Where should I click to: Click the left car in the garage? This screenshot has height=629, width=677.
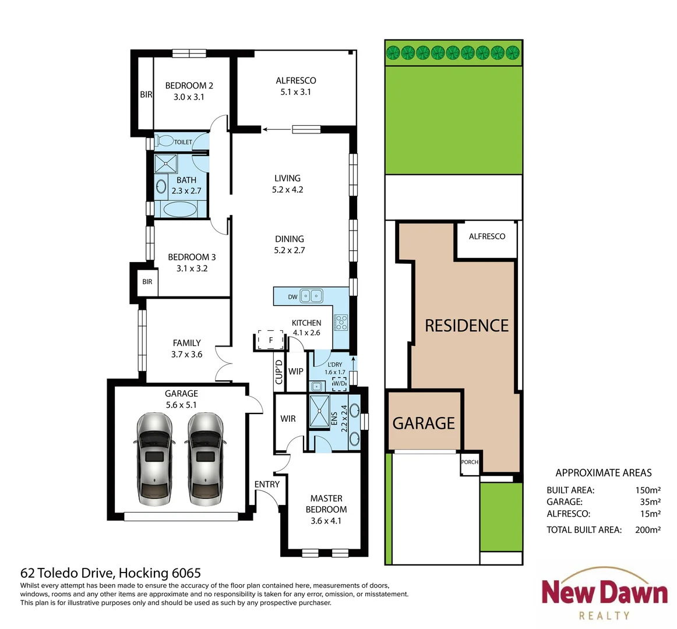154,459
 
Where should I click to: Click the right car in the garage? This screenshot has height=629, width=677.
205,459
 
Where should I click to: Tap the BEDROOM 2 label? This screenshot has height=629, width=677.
189,86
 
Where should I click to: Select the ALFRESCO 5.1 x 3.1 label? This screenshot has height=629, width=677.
296,86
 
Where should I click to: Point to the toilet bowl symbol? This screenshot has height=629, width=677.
165,141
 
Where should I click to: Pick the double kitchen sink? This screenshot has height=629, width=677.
311,296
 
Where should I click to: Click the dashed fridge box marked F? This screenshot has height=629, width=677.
270,340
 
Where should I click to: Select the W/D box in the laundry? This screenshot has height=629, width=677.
338,384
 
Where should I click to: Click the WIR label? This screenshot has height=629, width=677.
288,419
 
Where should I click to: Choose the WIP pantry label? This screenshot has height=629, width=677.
295,372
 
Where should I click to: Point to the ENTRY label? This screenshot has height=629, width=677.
267,484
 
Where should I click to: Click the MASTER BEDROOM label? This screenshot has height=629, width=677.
326,504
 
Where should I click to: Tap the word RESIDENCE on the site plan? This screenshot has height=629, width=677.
467,326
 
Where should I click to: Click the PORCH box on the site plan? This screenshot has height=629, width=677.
470,462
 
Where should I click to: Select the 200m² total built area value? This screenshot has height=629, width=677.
647,529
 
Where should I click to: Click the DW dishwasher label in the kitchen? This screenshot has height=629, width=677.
292,297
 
